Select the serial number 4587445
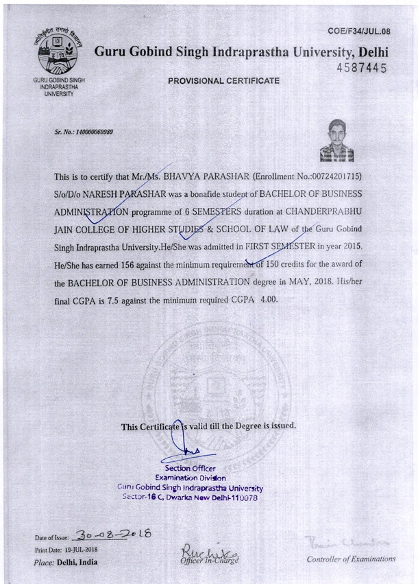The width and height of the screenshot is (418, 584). (x=364, y=68)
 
